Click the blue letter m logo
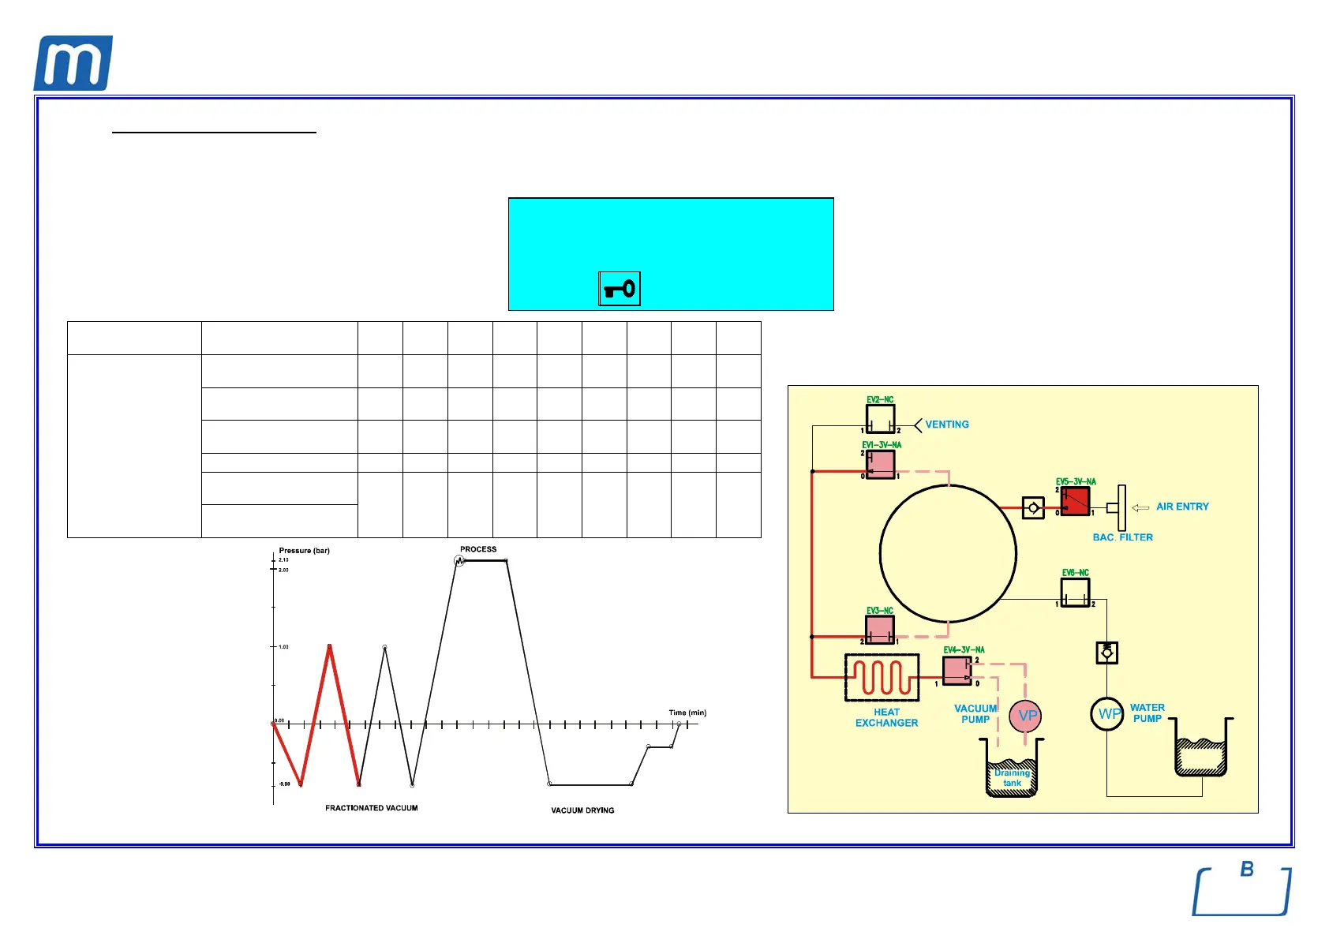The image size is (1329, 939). point(73,63)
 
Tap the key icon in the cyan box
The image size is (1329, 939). point(620,289)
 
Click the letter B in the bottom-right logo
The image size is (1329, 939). point(1247,869)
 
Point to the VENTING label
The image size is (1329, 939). point(946,425)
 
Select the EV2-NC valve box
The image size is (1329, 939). point(880,419)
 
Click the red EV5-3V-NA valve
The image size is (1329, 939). point(1075,501)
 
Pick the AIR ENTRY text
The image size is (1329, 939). point(1182,507)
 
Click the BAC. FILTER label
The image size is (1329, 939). point(1122,537)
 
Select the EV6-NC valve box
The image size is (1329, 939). point(1075,593)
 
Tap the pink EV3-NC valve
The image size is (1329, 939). point(880,630)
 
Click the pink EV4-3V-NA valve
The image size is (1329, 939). point(957,671)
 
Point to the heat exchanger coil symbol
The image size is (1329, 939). point(882,677)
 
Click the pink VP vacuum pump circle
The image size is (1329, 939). point(1026,716)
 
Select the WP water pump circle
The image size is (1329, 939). point(1107,714)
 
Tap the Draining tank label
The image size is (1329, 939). point(1012,778)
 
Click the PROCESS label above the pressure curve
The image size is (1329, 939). point(478,549)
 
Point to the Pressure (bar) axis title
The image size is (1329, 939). point(304,551)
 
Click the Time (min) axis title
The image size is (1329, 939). point(687,713)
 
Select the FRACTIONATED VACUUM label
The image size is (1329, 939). point(372,808)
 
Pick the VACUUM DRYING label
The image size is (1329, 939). point(582,810)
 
